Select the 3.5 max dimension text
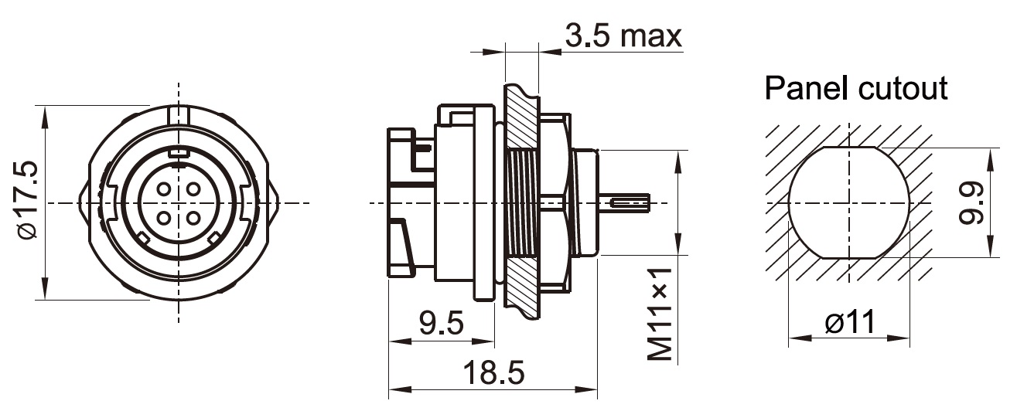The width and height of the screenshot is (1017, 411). point(623,36)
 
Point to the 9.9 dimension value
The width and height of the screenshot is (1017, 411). point(976,203)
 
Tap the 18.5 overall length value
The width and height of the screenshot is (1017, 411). point(493,374)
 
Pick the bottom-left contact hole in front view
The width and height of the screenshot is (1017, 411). point(164,217)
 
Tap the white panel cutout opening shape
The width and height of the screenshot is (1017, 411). point(849,202)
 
